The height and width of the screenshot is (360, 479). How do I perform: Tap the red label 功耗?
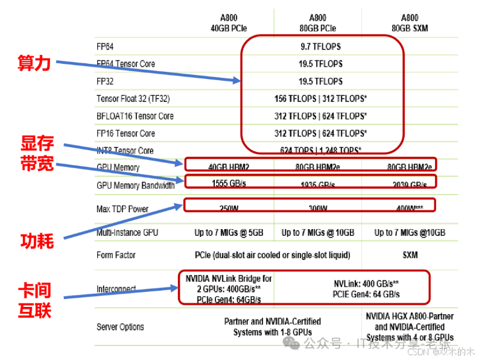pyautogui.click(x=37, y=241)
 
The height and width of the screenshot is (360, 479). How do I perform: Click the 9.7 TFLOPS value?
pyautogui.click(x=322, y=46)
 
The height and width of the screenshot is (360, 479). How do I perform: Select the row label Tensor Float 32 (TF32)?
pyautogui.click(x=133, y=99)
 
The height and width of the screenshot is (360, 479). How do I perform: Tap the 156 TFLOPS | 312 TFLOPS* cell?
pyautogui.click(x=322, y=99)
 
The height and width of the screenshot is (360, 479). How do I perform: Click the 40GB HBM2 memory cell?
pyautogui.click(x=229, y=167)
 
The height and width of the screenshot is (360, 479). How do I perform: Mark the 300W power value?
pyautogui.click(x=318, y=208)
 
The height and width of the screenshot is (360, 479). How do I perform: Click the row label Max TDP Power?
pyautogui.click(x=122, y=209)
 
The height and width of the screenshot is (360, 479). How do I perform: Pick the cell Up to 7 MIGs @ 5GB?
pyautogui.click(x=229, y=232)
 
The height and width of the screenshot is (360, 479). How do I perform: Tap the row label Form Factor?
pyautogui.click(x=116, y=255)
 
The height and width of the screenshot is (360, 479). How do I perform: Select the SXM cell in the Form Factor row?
pyautogui.click(x=410, y=255)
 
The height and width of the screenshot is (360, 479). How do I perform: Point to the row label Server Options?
pyautogui.click(x=120, y=327)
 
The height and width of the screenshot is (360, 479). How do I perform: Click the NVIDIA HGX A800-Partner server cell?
pyautogui.click(x=410, y=326)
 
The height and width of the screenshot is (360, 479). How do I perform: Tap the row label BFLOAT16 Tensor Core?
pyautogui.click(x=135, y=116)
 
